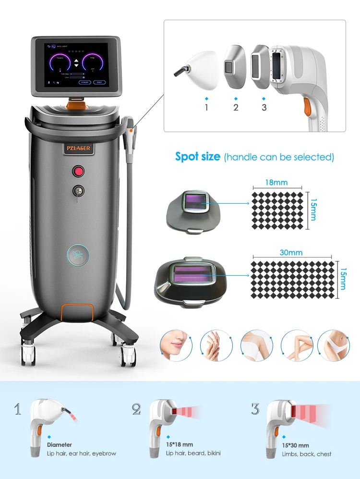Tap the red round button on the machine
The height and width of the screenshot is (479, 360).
coord(78,171)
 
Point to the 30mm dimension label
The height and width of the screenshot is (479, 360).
coord(293,253)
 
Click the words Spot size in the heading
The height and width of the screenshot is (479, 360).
coord(198,157)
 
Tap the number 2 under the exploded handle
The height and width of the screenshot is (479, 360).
coord(236,107)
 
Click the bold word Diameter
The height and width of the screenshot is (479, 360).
coord(60,445)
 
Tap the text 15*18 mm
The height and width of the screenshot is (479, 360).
coord(180,445)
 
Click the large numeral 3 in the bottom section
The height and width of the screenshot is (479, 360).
coord(255,409)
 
